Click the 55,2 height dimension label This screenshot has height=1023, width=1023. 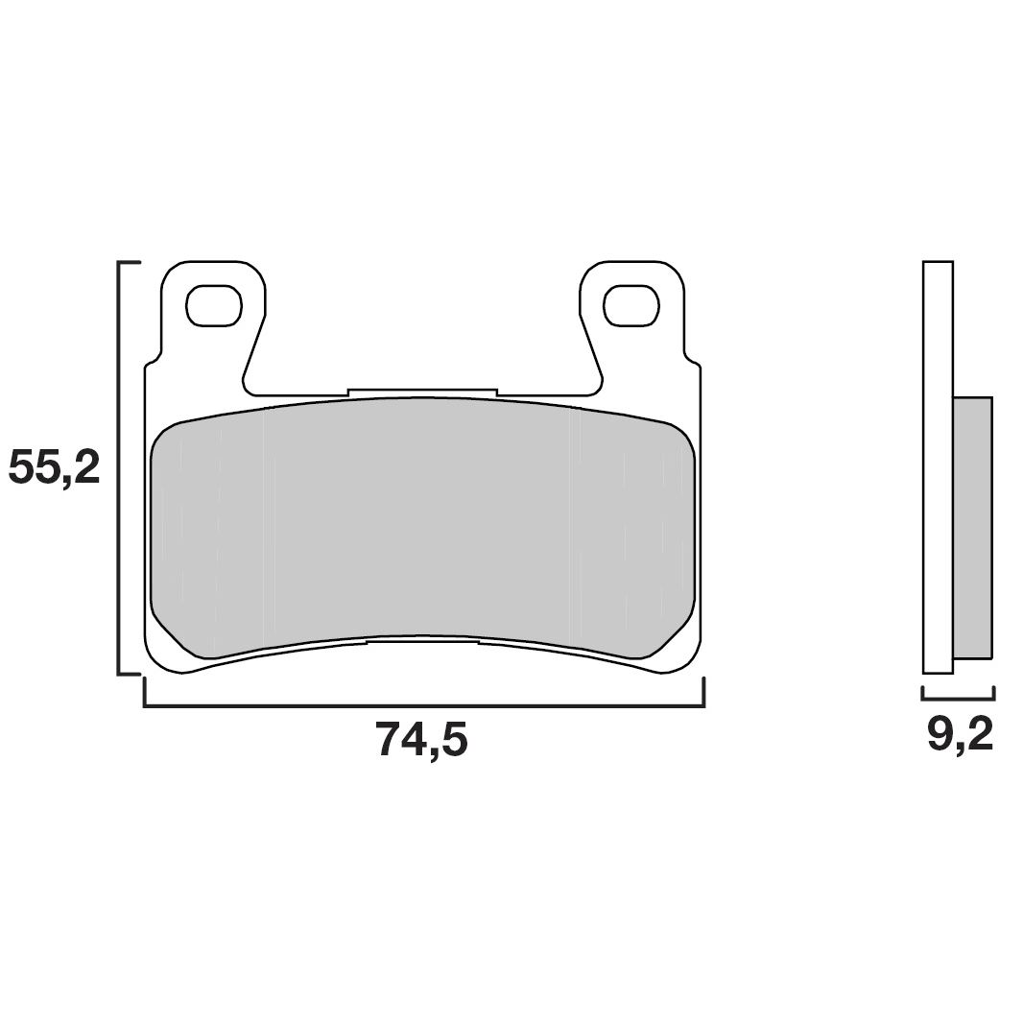[x=54, y=467]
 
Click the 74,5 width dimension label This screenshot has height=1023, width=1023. [x=422, y=740]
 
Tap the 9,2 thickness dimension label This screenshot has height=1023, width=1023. [x=960, y=735]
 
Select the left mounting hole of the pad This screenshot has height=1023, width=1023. [x=213, y=305]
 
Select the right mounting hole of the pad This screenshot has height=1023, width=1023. [x=631, y=305]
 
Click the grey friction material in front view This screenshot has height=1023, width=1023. [x=422, y=523]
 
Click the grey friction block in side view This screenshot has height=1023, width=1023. [x=972, y=528]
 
